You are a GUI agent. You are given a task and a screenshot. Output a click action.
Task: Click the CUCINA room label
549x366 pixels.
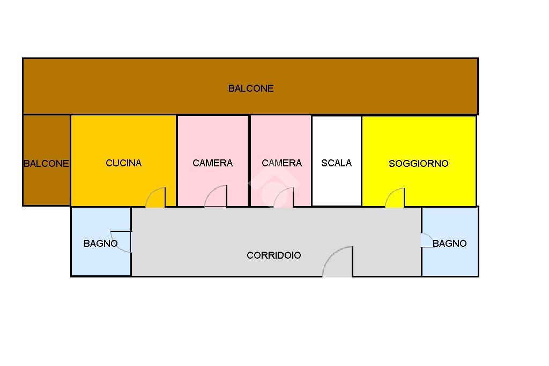(x=124, y=163)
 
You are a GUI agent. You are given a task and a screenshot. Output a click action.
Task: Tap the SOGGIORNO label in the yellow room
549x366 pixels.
(x=418, y=163)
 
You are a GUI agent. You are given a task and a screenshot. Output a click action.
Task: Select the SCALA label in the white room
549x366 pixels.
(x=336, y=163)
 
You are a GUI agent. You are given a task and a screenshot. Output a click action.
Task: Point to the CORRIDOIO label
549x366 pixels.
(x=274, y=255)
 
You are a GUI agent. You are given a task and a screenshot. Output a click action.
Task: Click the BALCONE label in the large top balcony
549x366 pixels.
(x=251, y=89)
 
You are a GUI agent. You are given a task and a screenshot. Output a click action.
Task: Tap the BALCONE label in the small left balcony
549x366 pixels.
(x=46, y=163)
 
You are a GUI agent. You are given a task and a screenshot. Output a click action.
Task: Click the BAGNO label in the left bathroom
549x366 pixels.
(x=100, y=243)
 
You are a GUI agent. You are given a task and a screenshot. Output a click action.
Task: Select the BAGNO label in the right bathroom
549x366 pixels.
(x=450, y=243)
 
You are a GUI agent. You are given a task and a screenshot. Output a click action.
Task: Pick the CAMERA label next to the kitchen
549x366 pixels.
(x=212, y=163)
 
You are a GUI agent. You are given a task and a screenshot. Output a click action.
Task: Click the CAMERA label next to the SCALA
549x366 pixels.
(x=282, y=163)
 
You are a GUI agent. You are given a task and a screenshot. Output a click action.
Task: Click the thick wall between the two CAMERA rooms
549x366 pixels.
(x=249, y=161)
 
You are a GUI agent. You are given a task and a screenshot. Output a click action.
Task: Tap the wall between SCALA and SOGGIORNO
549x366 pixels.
(x=361, y=161)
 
